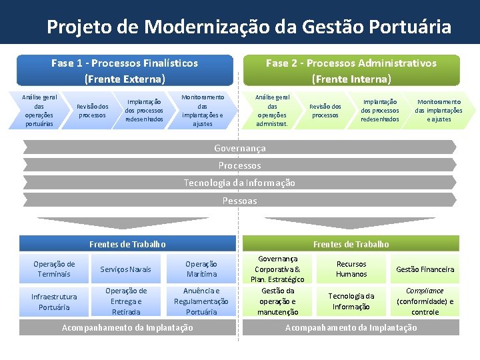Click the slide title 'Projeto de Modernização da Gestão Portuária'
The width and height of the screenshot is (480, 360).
click(249, 27)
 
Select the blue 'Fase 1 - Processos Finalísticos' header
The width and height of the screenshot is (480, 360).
click(125, 71)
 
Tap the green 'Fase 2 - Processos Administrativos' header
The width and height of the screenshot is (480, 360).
click(351, 71)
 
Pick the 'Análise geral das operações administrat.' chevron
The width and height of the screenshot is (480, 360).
click(272, 110)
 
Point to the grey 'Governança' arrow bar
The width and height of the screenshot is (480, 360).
click(239, 148)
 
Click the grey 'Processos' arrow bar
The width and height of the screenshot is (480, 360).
click(239, 165)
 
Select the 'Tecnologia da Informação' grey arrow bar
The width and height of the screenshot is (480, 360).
click(239, 183)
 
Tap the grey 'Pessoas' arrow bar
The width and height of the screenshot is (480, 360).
click(239, 200)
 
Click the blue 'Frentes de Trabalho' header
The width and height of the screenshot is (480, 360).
click(127, 244)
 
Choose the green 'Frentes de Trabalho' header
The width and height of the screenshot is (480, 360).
click(351, 244)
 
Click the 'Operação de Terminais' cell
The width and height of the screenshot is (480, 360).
click(54, 269)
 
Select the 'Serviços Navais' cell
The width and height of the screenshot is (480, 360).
click(126, 269)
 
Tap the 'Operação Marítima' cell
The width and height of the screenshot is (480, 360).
click(201, 269)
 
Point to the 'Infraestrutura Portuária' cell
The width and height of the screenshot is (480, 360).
click(54, 301)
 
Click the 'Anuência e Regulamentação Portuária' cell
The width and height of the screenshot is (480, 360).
click(201, 301)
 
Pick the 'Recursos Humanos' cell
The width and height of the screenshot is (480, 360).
click(351, 269)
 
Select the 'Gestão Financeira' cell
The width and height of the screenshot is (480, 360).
click(425, 269)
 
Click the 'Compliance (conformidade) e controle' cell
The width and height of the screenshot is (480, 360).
click(425, 301)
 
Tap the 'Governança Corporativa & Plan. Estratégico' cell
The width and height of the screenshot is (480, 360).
click(277, 269)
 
